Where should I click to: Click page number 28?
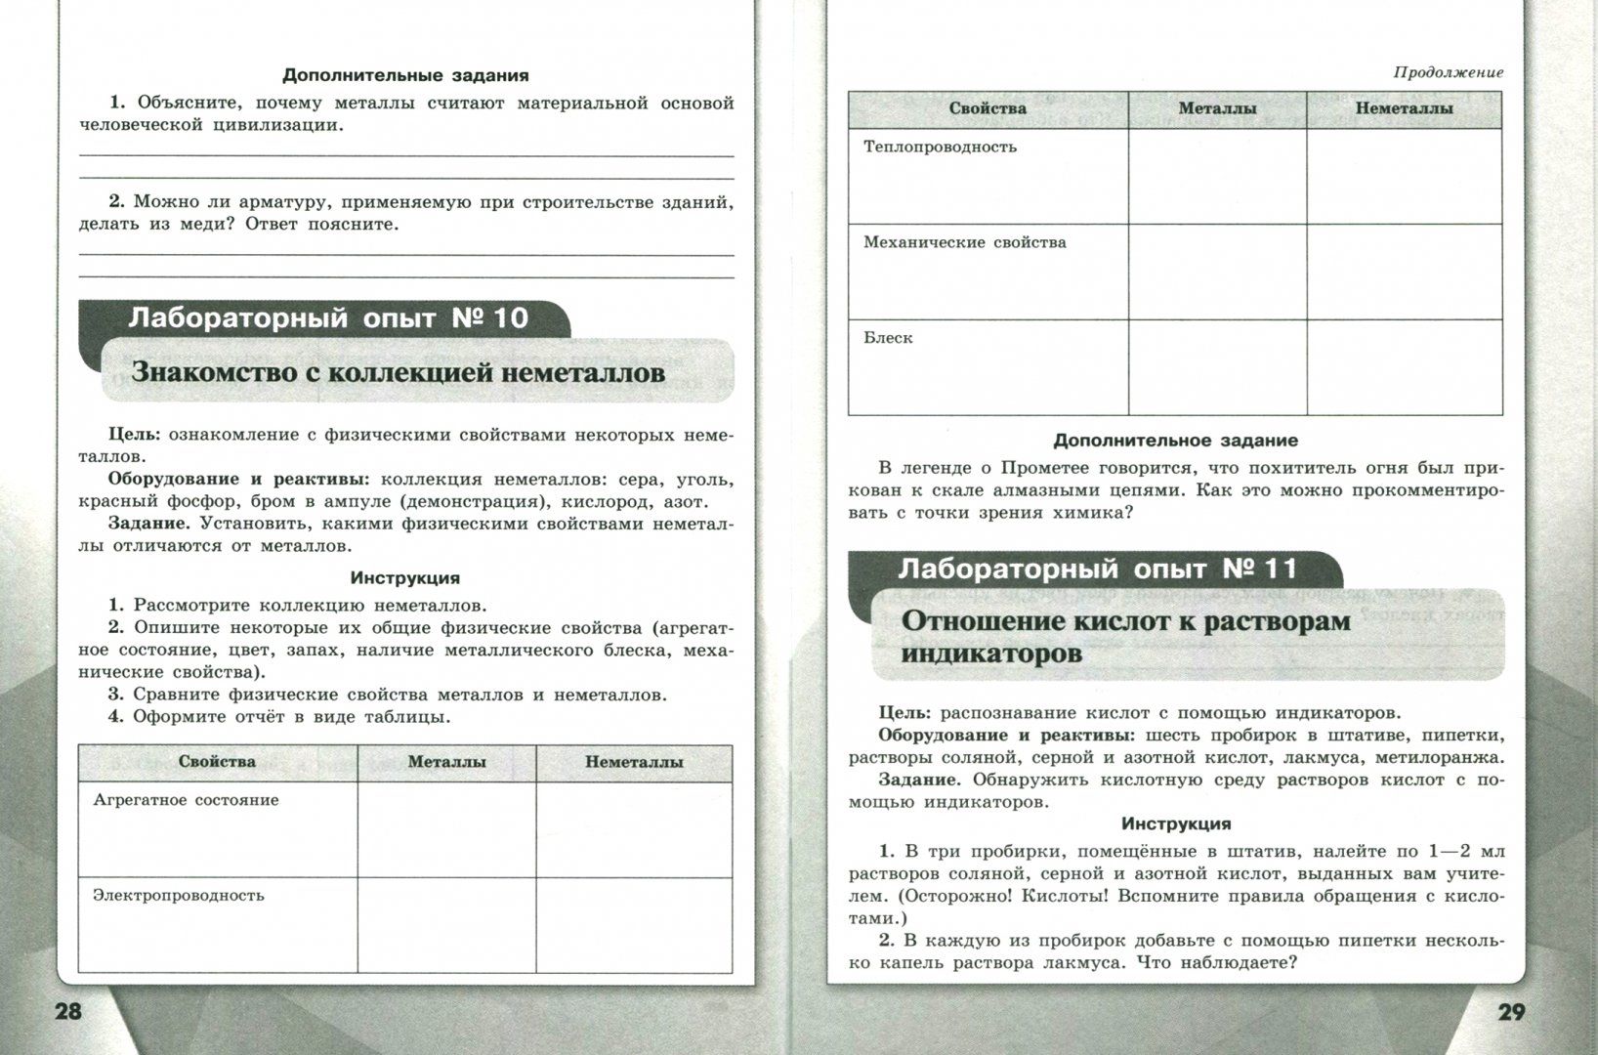67,1011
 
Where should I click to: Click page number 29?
1510,1012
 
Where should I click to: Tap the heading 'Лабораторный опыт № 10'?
328,317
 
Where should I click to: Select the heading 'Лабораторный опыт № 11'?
1097,569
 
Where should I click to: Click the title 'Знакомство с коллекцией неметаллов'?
399,372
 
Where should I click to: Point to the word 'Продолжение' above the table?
1448,72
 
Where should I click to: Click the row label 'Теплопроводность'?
940,148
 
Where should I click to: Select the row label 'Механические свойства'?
964,242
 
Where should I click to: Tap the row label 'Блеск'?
888,338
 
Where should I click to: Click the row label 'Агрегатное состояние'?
186,800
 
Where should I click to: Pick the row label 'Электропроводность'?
179,896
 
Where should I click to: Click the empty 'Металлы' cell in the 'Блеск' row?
1217,367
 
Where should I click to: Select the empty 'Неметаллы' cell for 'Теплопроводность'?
1404,176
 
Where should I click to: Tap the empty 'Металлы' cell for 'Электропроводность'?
446,924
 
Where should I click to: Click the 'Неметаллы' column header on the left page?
634,762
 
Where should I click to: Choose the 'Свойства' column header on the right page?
988,108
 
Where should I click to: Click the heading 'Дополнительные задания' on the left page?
405,75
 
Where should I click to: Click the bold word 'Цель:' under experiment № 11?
904,712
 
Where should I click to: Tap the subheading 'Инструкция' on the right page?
1176,823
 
